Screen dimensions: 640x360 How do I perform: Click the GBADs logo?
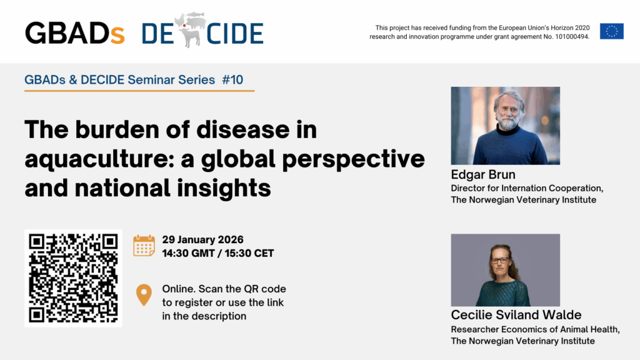(x=75, y=33)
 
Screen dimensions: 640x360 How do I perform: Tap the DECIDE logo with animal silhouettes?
(x=202, y=30)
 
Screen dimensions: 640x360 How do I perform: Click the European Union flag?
(x=611, y=31)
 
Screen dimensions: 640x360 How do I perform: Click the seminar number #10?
(x=232, y=79)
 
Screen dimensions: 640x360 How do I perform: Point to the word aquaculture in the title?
(x=97, y=159)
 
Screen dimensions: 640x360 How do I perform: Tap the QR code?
(x=74, y=278)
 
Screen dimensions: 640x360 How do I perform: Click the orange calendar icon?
(x=144, y=246)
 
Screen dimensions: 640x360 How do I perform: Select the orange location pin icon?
(x=144, y=295)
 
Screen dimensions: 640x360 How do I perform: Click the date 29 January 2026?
(x=203, y=239)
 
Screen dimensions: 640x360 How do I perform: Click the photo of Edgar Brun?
(x=505, y=126)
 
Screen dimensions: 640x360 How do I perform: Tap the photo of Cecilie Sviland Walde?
(x=505, y=270)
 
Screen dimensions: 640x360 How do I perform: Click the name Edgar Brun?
(x=483, y=175)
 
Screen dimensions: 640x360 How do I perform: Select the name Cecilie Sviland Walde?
(x=516, y=315)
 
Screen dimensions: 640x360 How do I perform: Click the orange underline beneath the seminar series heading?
(x=139, y=90)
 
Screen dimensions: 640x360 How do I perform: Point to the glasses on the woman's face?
(x=499, y=261)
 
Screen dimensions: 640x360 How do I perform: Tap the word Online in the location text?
(x=179, y=289)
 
